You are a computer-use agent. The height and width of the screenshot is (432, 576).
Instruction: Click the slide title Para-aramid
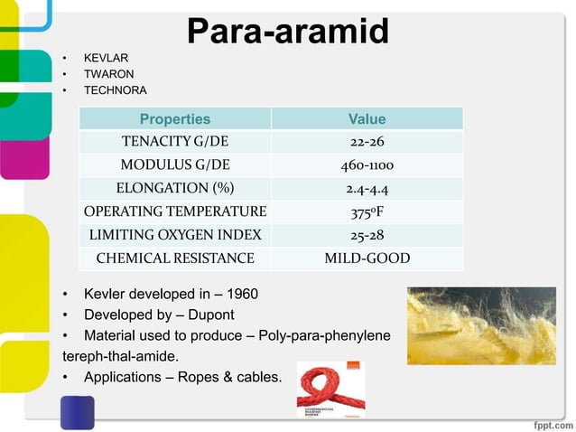(x=288, y=32)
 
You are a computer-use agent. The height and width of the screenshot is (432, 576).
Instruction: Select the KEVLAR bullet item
(x=106, y=59)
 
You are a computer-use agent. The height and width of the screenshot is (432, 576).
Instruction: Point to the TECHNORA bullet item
(x=115, y=91)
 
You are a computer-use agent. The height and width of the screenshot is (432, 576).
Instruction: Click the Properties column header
(x=175, y=119)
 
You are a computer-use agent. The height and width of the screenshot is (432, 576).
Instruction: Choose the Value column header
(x=367, y=119)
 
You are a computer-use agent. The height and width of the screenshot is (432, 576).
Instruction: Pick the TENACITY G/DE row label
(x=175, y=143)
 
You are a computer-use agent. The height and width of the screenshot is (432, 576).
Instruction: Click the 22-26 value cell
(x=367, y=143)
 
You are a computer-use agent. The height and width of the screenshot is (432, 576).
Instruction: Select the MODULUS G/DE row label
(x=175, y=166)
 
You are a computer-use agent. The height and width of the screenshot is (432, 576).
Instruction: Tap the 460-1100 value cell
(x=367, y=166)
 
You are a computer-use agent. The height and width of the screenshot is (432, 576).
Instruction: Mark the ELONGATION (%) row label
(x=175, y=189)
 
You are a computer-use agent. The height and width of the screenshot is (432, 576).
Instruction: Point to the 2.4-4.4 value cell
(x=367, y=189)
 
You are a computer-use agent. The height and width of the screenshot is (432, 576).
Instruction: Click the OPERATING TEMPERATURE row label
(x=175, y=212)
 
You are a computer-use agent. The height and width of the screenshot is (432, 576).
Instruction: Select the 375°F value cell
(x=367, y=212)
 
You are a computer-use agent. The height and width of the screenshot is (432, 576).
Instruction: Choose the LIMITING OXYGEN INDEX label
(x=175, y=236)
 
